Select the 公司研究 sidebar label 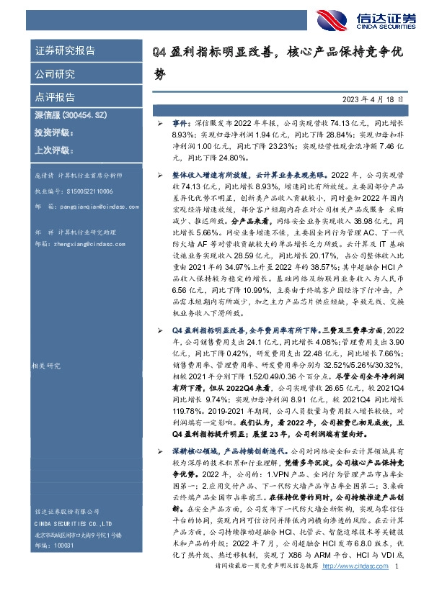pyautogui.click(x=54, y=74)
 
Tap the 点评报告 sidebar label pyautogui.click(x=54, y=96)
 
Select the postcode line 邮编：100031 pyautogui.click(x=54, y=546)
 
